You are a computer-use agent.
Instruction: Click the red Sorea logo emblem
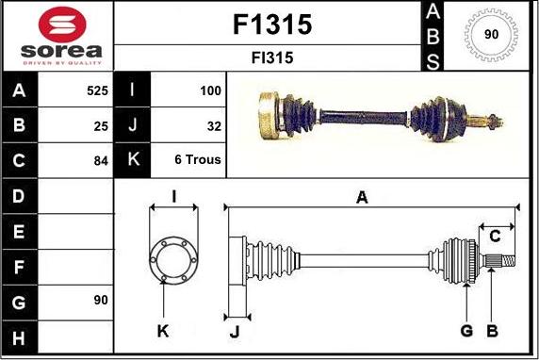click(62, 25)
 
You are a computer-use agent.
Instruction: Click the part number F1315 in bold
click(272, 25)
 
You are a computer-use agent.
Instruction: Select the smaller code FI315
click(272, 57)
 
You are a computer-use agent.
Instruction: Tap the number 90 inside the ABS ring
click(491, 34)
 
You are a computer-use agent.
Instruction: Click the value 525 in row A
click(97, 90)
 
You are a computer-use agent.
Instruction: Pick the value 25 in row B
click(101, 126)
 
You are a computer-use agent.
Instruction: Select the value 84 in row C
click(101, 161)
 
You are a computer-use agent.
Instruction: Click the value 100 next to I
click(210, 90)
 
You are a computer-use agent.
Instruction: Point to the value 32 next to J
click(214, 126)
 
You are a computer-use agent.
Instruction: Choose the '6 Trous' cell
click(198, 159)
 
